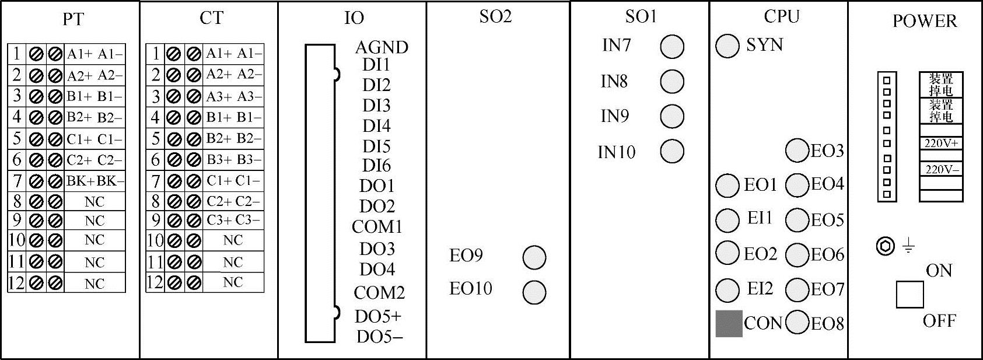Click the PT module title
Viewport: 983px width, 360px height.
(x=73, y=19)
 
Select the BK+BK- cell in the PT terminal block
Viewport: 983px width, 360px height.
(x=95, y=181)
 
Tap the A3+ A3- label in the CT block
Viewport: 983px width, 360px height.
(x=233, y=96)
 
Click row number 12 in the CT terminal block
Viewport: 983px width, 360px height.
(x=155, y=282)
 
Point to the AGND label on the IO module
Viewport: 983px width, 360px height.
(x=382, y=47)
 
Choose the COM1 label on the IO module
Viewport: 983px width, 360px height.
(x=377, y=226)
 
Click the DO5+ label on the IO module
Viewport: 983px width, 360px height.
(x=378, y=316)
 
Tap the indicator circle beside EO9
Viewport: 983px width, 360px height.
(x=534, y=257)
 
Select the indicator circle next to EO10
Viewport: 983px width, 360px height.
(x=534, y=292)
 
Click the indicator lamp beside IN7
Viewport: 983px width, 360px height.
(x=671, y=47)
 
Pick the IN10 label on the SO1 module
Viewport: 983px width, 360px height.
(x=616, y=152)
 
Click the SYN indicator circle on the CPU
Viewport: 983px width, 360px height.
(x=727, y=46)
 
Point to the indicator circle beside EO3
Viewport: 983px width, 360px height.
(x=797, y=151)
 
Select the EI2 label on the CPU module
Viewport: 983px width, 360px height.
(x=760, y=289)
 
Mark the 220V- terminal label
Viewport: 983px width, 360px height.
(x=940, y=169)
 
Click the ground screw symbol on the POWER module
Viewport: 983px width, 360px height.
(x=885, y=246)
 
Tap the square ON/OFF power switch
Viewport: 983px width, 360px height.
(x=909, y=294)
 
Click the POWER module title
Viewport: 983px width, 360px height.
(x=924, y=22)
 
